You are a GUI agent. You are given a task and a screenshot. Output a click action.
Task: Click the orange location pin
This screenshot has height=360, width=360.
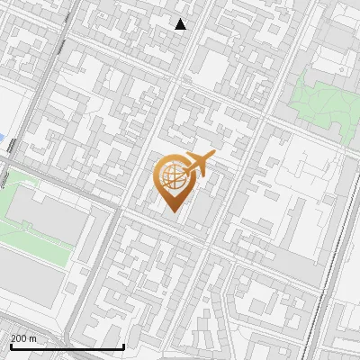tap(173, 180)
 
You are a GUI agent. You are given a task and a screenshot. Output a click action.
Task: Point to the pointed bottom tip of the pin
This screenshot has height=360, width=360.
tap(173, 211)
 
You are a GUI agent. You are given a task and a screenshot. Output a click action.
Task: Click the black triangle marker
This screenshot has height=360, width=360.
tap(181, 24)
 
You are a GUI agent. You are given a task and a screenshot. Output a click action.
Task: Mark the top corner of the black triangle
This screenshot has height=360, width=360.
tap(181, 19)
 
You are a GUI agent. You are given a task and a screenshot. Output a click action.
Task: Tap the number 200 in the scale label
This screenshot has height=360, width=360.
tap(18, 338)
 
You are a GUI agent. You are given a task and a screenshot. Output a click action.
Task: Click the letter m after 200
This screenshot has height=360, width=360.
tap(32, 338)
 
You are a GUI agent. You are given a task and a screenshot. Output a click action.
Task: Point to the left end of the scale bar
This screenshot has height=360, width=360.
tap(11, 347)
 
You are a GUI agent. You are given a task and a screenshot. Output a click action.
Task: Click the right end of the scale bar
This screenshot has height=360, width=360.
tap(123, 347)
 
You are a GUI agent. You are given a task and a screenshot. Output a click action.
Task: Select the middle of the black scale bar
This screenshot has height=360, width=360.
tap(67, 347)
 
